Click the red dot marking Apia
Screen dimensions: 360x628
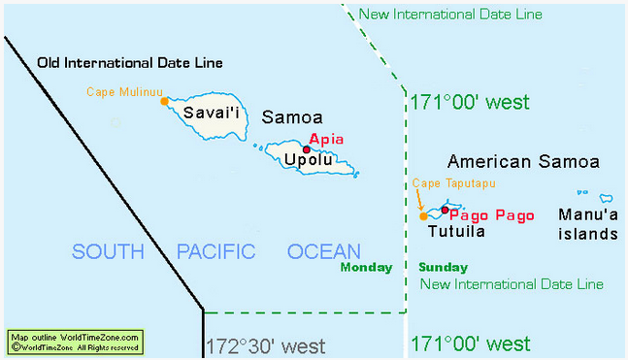tap(306, 149)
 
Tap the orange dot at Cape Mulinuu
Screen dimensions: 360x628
tap(164, 100)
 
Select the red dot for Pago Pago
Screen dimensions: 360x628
tap(445, 211)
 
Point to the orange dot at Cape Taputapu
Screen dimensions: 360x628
tap(422, 216)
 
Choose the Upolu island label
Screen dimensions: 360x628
tap(307, 161)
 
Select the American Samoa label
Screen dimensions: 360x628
tap(523, 161)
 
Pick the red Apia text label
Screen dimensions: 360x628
tap(325, 138)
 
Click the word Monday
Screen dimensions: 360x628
tap(366, 268)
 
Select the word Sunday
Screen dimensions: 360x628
tap(443, 268)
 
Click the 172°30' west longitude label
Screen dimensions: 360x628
tap(264, 344)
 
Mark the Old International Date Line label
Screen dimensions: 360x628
tap(130, 63)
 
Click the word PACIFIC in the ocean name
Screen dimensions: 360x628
tap(215, 252)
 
